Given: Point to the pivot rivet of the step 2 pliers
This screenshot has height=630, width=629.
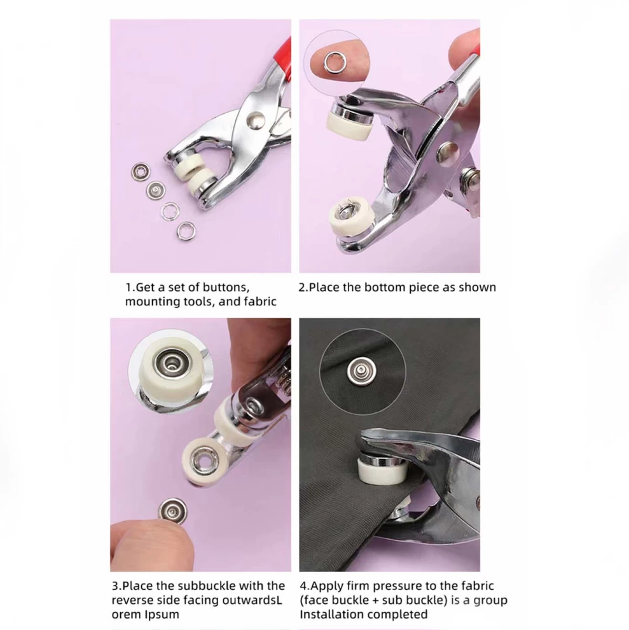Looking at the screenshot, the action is [x=448, y=152].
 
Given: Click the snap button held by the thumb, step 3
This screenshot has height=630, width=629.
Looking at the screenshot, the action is [x=172, y=511].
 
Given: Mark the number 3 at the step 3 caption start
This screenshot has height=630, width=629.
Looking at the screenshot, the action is [x=114, y=586].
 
